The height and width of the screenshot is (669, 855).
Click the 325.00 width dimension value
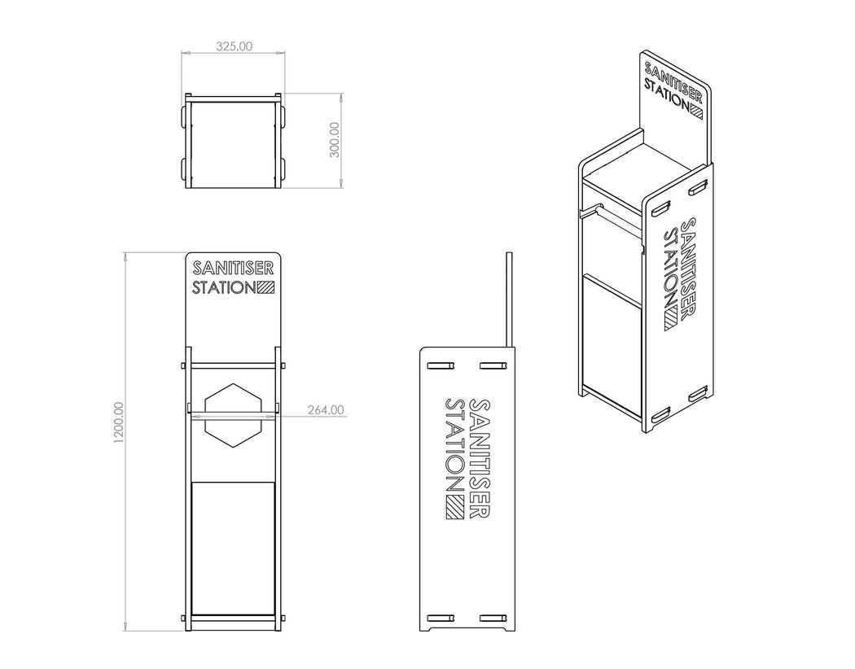pos(234,46)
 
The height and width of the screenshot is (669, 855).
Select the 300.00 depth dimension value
pos(333,141)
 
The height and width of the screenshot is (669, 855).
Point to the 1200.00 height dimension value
pos(119,422)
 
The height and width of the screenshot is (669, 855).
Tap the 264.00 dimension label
pos(326,410)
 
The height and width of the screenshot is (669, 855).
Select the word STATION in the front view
pos(223,287)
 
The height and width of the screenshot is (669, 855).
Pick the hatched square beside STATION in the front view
pos(266,287)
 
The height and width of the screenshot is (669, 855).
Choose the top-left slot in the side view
pos(441,365)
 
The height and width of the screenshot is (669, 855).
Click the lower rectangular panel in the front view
pos(233,547)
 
